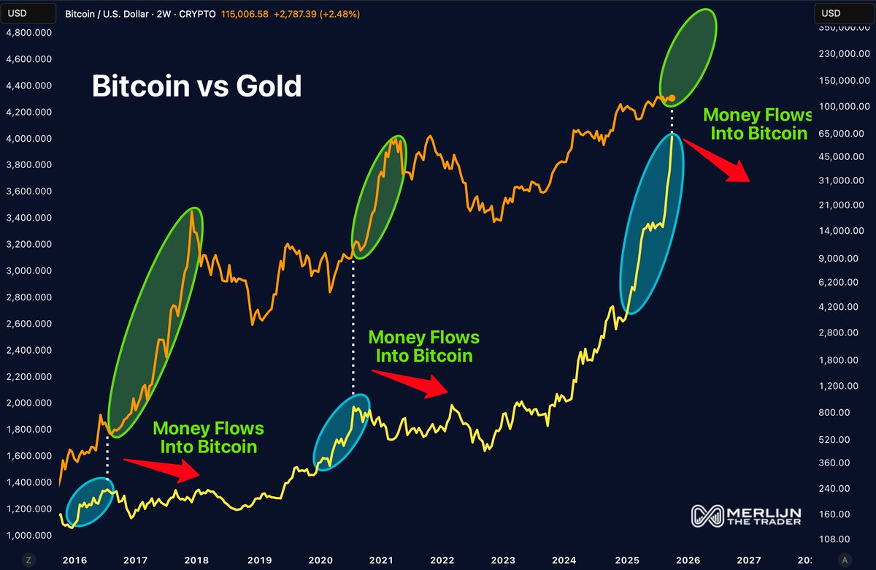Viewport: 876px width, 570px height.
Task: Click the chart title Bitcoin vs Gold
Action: tap(196, 86)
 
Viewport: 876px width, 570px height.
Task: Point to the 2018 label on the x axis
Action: tap(197, 560)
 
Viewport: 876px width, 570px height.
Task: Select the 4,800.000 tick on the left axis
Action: tap(30, 33)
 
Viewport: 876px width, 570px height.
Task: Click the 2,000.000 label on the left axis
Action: tap(30, 403)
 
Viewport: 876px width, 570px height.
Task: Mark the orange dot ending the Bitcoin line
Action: tap(672, 98)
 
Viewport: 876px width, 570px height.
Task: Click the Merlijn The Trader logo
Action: tap(746, 515)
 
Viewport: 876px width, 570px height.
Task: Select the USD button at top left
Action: tap(18, 13)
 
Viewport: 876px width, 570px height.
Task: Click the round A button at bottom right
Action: tap(845, 560)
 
